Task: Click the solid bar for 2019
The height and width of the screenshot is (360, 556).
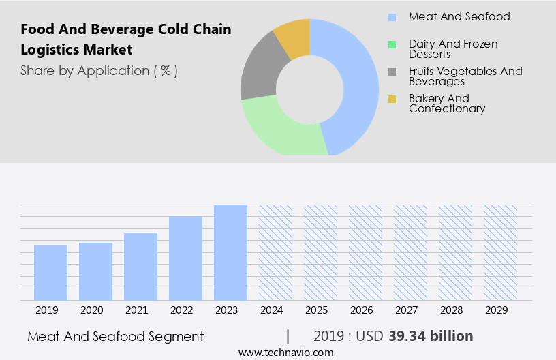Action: (x=50, y=273)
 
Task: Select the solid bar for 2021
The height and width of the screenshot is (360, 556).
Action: (x=140, y=266)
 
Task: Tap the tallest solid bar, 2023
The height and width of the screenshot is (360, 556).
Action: (x=230, y=252)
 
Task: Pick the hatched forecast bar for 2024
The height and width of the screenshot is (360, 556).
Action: (x=275, y=252)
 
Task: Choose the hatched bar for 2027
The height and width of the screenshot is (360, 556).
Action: (x=410, y=252)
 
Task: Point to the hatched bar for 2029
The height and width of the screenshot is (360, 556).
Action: (x=500, y=252)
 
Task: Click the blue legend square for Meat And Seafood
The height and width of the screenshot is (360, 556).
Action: (x=392, y=17)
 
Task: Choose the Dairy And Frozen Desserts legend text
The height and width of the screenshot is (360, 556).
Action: (x=453, y=49)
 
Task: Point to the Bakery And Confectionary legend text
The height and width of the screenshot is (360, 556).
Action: (x=447, y=104)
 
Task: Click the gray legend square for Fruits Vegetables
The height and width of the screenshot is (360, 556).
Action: (x=392, y=72)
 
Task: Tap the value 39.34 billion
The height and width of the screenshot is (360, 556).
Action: (x=431, y=336)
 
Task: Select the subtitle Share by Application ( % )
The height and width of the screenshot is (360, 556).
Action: (x=99, y=71)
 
